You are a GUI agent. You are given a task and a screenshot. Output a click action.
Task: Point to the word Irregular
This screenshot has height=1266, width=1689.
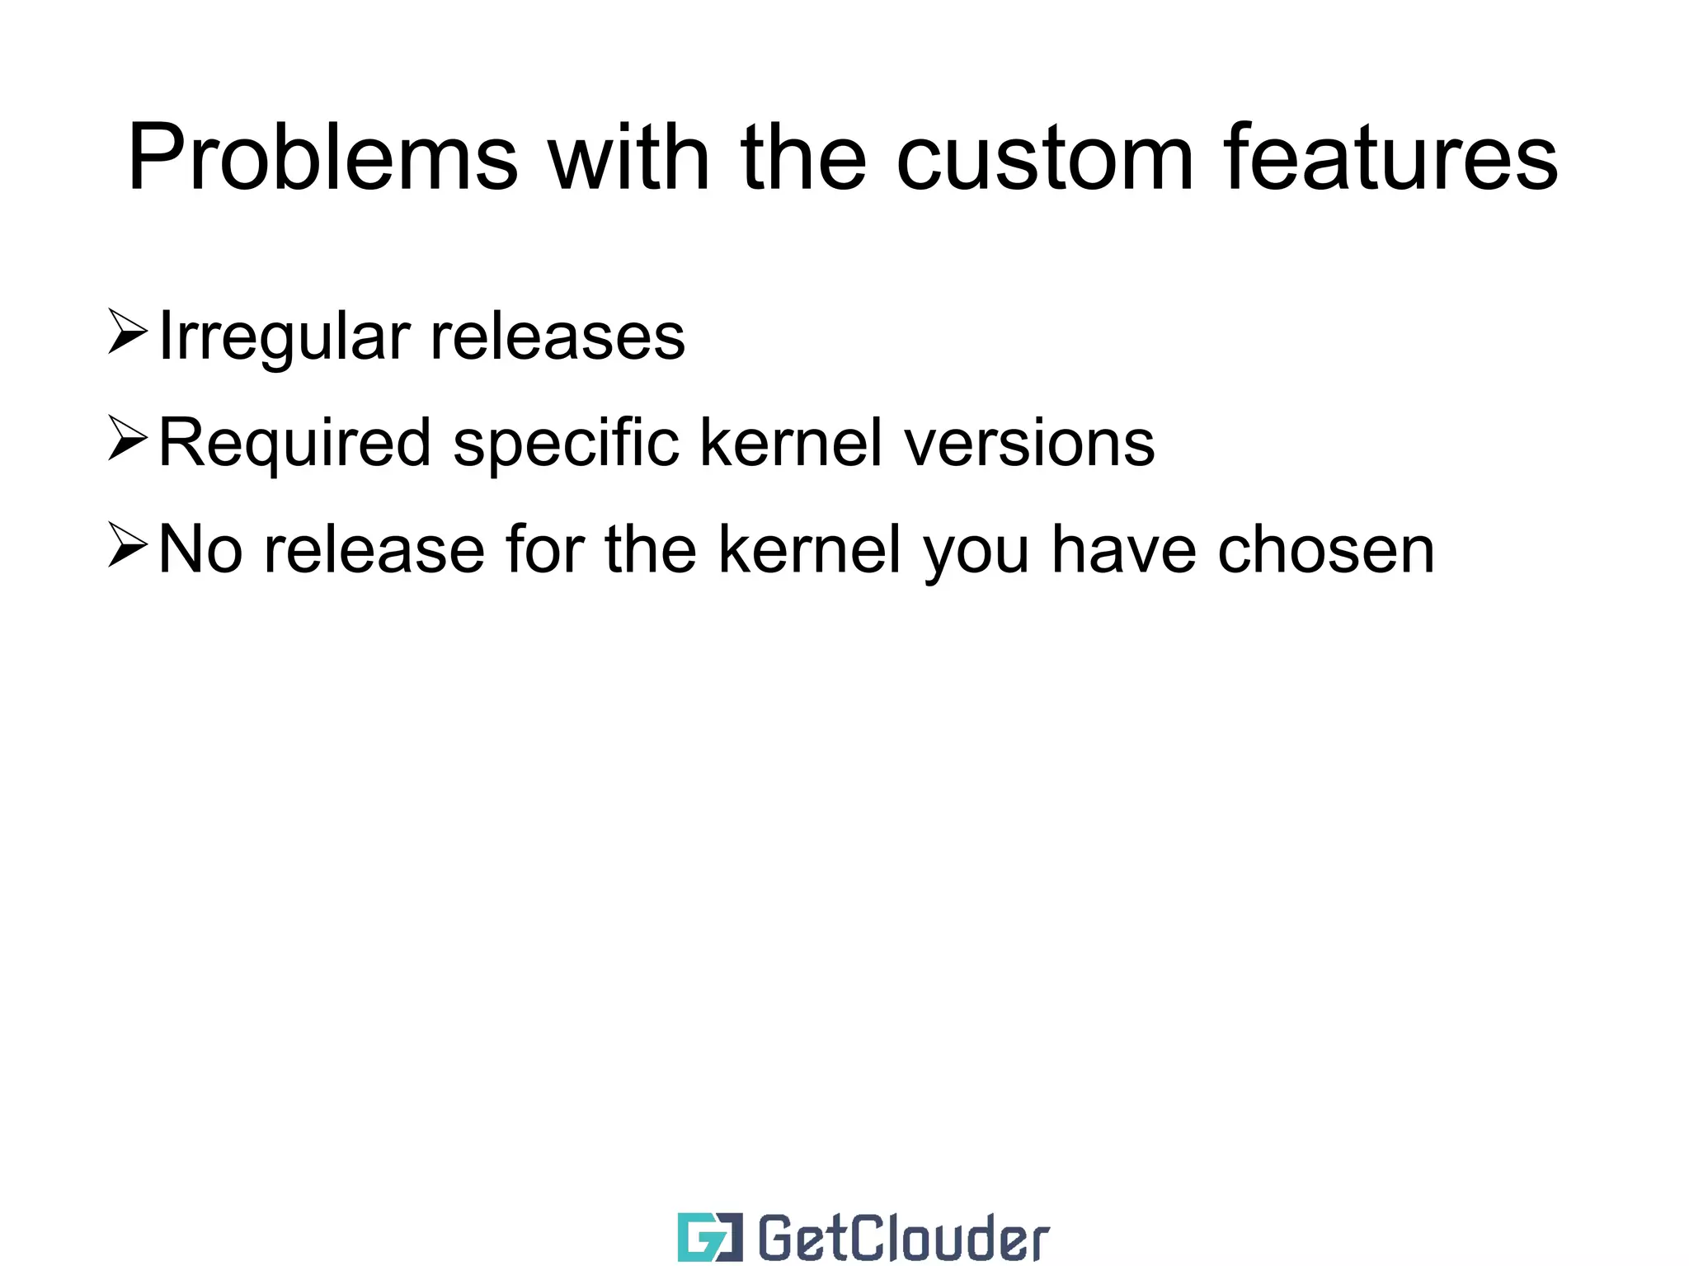(x=284, y=337)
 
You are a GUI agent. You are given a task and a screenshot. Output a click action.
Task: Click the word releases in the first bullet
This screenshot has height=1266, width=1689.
(x=558, y=337)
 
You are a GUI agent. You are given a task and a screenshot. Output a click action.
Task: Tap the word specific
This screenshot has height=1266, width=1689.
(x=566, y=444)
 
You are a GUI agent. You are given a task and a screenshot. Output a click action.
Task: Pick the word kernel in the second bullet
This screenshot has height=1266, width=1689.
(x=791, y=444)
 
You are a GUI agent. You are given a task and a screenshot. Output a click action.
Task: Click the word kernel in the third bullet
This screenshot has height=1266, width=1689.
(x=809, y=550)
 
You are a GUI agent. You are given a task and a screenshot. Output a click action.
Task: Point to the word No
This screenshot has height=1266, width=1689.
(x=200, y=550)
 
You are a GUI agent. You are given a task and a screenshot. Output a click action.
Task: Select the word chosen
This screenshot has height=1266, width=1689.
(x=1326, y=550)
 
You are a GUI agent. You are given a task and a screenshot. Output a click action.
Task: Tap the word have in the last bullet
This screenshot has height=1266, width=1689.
(x=1123, y=550)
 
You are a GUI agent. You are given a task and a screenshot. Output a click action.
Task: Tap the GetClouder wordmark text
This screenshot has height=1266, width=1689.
(x=903, y=1237)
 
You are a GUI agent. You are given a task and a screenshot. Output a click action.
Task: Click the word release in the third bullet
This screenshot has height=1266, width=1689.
(x=374, y=550)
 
